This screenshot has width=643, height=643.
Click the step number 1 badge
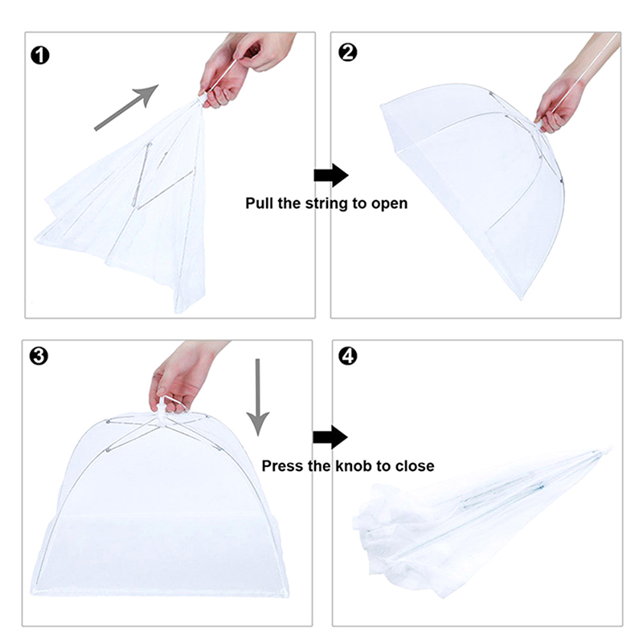40,55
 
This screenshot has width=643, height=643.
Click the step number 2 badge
348,52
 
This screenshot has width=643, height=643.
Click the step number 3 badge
39,356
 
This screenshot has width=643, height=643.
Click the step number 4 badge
348,356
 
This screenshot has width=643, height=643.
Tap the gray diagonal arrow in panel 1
126,108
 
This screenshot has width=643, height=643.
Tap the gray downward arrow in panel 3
257,397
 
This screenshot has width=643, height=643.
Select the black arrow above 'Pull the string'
331,175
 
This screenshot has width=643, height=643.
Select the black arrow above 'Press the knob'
330,437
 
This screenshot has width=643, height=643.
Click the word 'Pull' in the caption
259,203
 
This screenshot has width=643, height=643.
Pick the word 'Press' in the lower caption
280,466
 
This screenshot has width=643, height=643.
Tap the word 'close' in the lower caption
415,466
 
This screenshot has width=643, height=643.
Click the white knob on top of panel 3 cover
163,408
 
